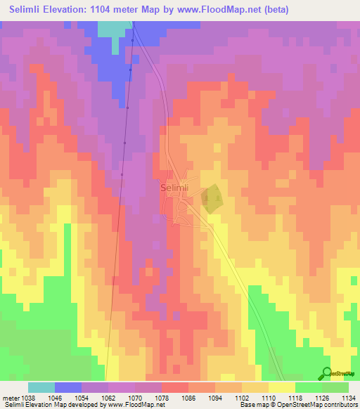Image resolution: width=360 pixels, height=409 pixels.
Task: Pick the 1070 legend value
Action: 135,397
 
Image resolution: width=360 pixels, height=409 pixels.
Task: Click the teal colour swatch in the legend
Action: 41,387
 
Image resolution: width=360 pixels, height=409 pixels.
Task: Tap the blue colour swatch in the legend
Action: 68,387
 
